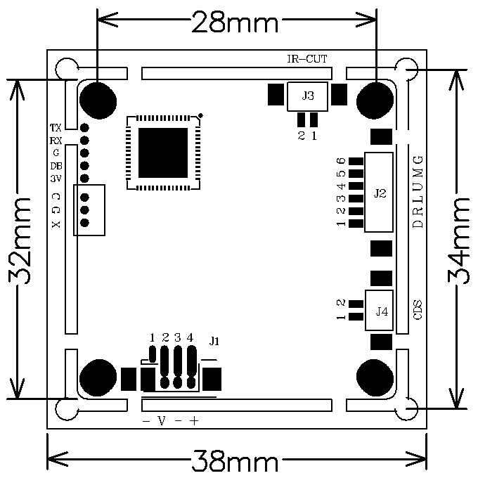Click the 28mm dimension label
click(x=235, y=21)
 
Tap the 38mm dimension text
click(x=235, y=460)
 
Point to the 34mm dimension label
click(x=458, y=241)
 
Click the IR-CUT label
click(x=307, y=58)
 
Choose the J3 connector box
click(x=307, y=96)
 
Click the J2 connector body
click(x=379, y=193)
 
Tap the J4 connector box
click(x=379, y=310)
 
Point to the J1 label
click(x=214, y=341)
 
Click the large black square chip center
click(x=163, y=153)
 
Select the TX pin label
click(x=56, y=127)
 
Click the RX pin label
click(x=56, y=141)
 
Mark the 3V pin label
click(x=56, y=179)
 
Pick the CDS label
click(x=418, y=310)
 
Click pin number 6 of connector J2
click(x=342, y=161)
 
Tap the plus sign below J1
click(x=194, y=421)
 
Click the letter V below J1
click(x=162, y=421)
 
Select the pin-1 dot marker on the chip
click(x=200, y=115)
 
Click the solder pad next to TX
click(x=84, y=127)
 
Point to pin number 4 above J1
click(x=190, y=337)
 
